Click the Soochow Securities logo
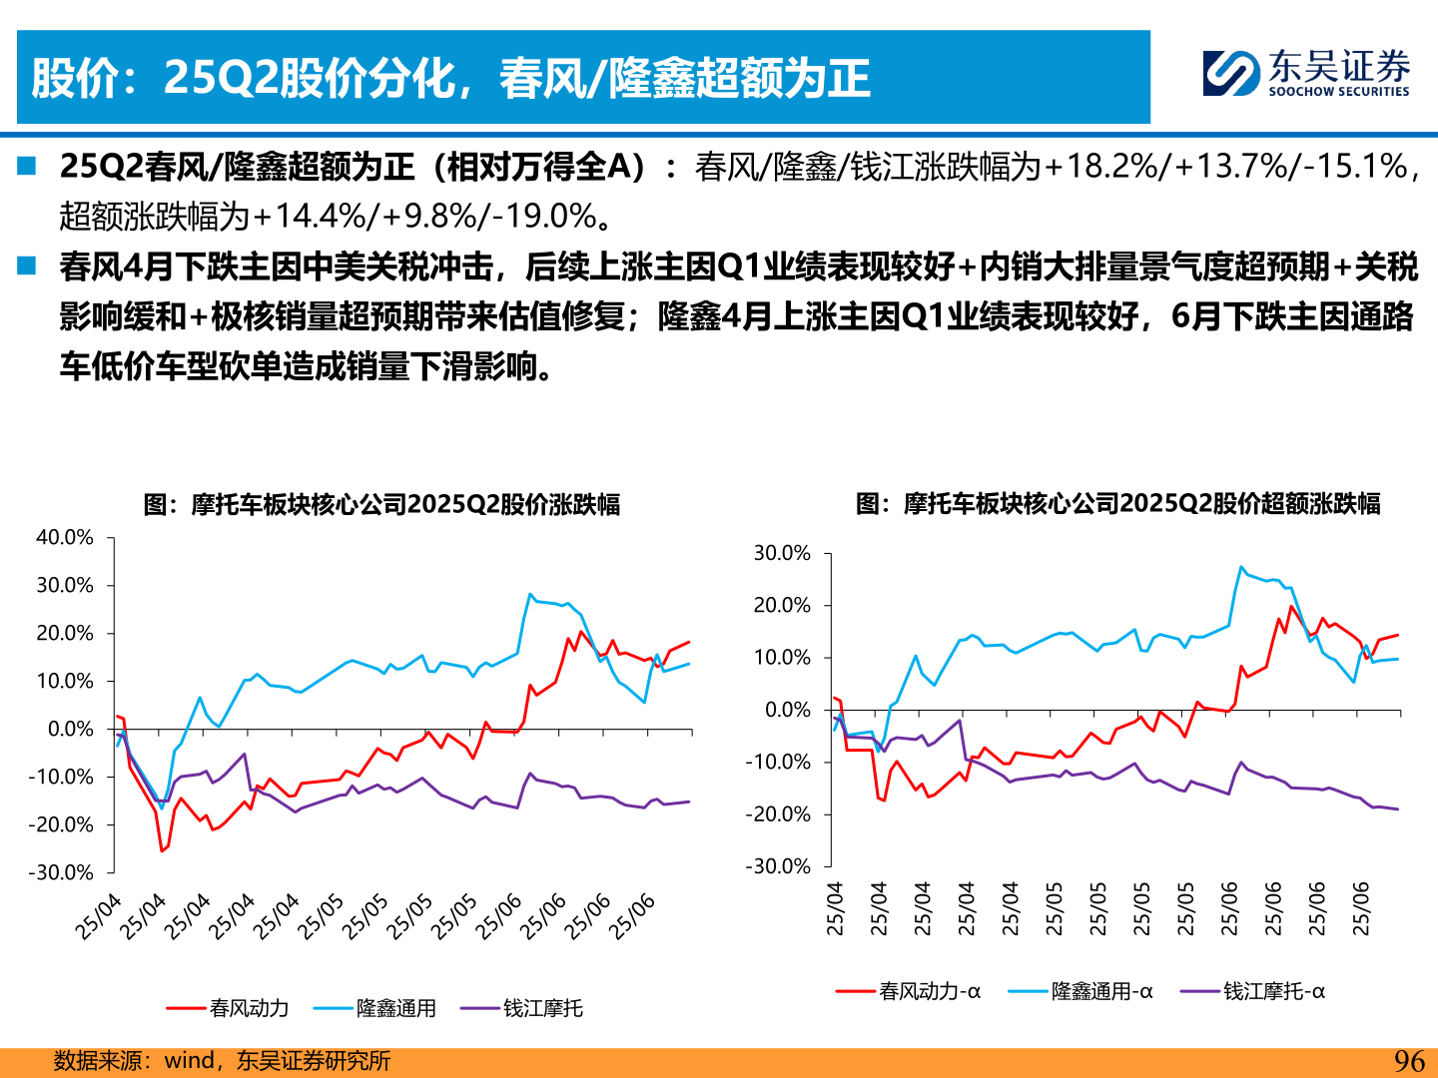[1306, 74]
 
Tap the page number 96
[1409, 1061]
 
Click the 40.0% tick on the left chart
[65, 538]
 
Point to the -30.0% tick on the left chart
[61, 872]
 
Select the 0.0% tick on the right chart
[788, 710]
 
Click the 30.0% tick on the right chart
[782, 553]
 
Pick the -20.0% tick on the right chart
[778, 814]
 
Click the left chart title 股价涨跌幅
[381, 505]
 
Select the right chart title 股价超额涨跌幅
[1117, 504]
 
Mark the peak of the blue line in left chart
[530, 594]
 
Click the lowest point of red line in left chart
[162, 850]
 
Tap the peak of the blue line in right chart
[1241, 567]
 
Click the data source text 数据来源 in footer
[98, 1061]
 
